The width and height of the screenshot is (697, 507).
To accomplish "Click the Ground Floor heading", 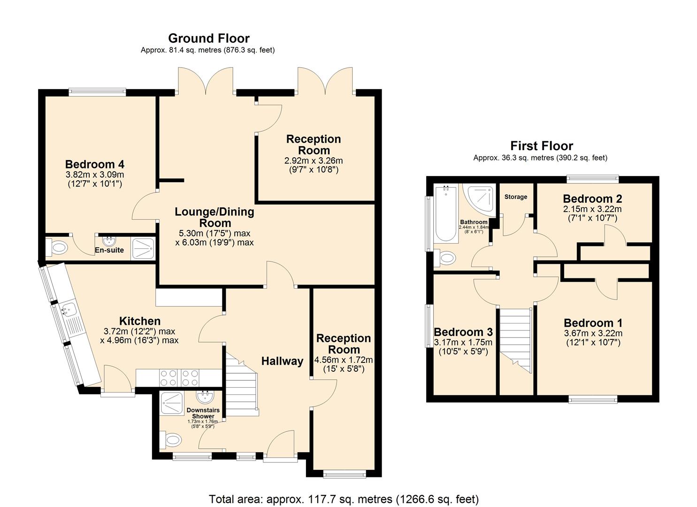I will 208,38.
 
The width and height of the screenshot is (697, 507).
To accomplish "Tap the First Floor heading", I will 542,146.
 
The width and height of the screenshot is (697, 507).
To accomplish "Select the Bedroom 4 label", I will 94,164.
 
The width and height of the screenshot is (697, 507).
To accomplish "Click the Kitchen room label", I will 140,321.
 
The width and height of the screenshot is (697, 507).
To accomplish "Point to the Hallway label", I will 282,361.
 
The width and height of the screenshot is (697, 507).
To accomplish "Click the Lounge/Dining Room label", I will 214,217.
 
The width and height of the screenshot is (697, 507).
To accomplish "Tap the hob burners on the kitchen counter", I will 179,377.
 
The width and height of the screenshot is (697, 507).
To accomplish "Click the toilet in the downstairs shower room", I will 172,440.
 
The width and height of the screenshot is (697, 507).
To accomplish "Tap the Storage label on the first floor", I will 516,197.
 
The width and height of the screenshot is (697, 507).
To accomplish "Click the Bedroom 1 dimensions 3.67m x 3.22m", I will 593,333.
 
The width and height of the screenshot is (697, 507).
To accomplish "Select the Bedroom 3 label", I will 463,332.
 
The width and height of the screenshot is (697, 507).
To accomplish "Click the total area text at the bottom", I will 344,499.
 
